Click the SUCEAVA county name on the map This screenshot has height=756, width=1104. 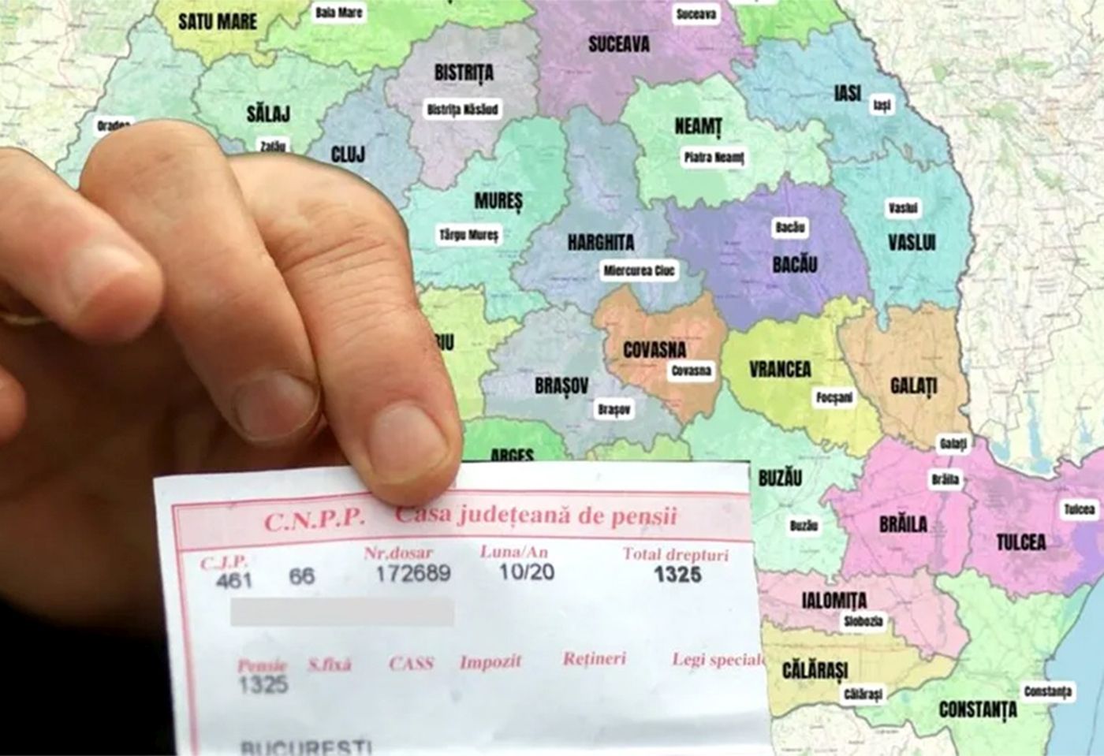(619, 44)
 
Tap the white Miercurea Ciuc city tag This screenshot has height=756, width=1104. (640, 271)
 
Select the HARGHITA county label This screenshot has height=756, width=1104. (601, 242)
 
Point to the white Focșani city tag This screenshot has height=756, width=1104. (834, 397)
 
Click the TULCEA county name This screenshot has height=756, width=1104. (1021, 542)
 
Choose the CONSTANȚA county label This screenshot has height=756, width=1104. (978, 709)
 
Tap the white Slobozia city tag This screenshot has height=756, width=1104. (863, 621)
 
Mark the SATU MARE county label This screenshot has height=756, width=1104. (218, 20)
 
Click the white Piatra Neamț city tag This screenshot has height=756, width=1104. (714, 158)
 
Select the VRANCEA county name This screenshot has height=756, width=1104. (780, 369)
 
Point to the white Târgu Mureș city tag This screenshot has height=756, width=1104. (469, 235)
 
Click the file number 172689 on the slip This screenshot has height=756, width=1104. (412, 573)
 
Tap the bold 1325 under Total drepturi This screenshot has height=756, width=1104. (677, 574)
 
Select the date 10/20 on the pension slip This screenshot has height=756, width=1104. (526, 572)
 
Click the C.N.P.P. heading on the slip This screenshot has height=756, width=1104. (314, 520)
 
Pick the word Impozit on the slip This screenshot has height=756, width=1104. (490, 661)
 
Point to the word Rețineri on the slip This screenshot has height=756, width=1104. (595, 658)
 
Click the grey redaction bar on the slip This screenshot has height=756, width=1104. (341, 612)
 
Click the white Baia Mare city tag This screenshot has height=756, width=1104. (339, 13)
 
